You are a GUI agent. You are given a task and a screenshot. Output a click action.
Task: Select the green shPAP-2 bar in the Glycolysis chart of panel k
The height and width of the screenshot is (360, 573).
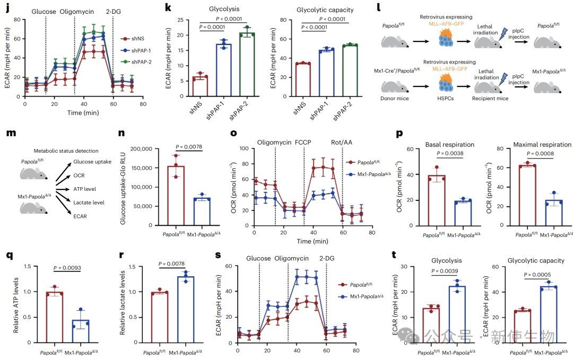(247, 65)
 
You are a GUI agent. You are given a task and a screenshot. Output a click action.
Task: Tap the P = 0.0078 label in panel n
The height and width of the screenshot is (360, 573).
(188, 147)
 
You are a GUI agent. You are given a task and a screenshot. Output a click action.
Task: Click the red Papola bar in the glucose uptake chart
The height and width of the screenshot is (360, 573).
(176, 196)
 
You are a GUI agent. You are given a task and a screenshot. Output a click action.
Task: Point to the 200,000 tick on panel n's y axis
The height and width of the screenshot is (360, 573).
(141, 149)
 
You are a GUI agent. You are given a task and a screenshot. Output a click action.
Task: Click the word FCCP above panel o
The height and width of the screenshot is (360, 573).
(303, 143)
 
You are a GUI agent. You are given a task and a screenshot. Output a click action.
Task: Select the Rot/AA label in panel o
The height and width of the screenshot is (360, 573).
(342, 143)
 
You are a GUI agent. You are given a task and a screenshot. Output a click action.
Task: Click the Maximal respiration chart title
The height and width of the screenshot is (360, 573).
(542, 145)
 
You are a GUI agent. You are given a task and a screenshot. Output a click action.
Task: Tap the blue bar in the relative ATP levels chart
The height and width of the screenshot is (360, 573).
(81, 331)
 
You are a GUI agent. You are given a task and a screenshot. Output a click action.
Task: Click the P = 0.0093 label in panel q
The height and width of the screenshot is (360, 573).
(67, 268)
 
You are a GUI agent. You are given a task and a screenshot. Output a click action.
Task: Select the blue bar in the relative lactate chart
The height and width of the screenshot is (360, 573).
(186, 310)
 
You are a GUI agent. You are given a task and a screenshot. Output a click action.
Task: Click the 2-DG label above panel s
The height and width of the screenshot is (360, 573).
(327, 259)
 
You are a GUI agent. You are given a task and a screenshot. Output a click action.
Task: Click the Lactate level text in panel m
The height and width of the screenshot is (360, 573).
(89, 203)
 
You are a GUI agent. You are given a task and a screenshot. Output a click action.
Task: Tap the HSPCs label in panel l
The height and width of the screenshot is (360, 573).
(446, 98)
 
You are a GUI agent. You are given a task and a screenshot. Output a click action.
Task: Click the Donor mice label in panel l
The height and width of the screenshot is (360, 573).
(395, 98)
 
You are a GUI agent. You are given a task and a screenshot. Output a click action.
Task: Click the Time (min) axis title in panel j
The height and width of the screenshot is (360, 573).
(83, 113)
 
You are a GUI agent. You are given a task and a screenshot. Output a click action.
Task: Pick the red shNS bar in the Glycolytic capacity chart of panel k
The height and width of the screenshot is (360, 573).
(303, 80)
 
